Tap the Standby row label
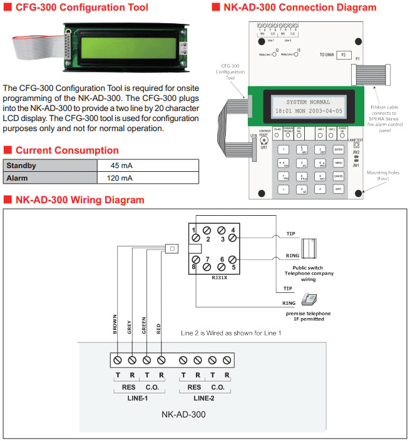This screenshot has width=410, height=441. pyautogui.click(x=21, y=166)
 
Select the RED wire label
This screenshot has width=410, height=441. pyautogui.click(x=159, y=329)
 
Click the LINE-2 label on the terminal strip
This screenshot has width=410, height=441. pyautogui.click(x=206, y=398)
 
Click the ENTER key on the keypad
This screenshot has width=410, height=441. pyautogui.click(x=339, y=149)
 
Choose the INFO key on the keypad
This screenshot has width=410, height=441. pyautogui.click(x=339, y=188)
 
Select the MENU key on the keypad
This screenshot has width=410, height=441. pyautogui.click(x=339, y=162)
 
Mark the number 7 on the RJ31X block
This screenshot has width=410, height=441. pyautogui.click(x=207, y=258)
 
